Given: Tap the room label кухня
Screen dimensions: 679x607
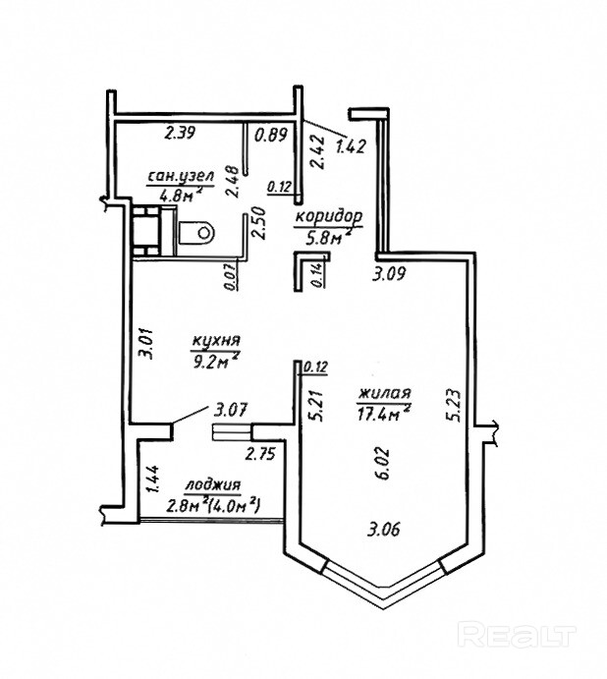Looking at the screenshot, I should pyautogui.click(x=216, y=341).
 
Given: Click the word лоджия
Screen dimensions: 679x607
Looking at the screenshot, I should pyautogui.click(x=212, y=485).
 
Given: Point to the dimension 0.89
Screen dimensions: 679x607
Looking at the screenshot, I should pyautogui.click(x=271, y=135).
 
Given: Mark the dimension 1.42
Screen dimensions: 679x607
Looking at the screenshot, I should pyautogui.click(x=351, y=147).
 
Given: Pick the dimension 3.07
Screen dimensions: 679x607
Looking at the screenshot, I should pyautogui.click(x=232, y=410).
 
